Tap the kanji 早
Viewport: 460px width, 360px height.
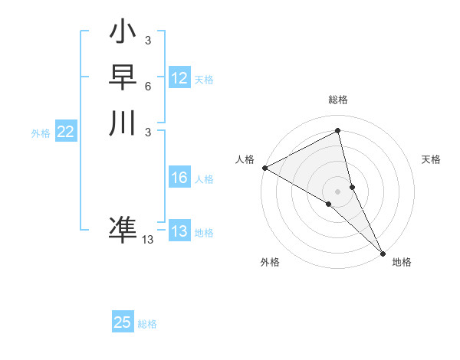[x=123, y=77]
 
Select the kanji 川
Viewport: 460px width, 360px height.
[x=123, y=123]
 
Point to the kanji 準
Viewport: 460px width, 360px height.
[x=123, y=230]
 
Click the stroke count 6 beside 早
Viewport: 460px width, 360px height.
[x=147, y=87]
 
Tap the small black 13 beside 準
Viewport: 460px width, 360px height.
[x=148, y=240]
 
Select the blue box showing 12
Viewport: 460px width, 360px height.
[x=179, y=78]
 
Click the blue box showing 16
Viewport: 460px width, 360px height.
[x=179, y=178]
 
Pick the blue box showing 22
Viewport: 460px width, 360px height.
[x=66, y=132]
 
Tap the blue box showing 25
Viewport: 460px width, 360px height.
[x=123, y=322]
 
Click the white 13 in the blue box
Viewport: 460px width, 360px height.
[x=179, y=231]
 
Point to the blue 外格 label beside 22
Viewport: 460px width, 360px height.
[x=41, y=133]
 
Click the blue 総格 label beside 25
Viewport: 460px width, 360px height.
[x=147, y=324]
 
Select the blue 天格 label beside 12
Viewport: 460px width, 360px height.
[x=204, y=80]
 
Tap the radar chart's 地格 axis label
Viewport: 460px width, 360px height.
[x=402, y=262]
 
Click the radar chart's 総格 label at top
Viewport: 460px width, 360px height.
[x=338, y=100]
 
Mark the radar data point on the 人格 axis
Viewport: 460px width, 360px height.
[x=264, y=168]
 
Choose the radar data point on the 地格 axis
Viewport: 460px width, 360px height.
[x=383, y=252]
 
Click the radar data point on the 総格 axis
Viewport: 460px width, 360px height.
[x=338, y=131]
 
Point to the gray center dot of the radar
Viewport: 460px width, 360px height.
[x=338, y=191]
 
